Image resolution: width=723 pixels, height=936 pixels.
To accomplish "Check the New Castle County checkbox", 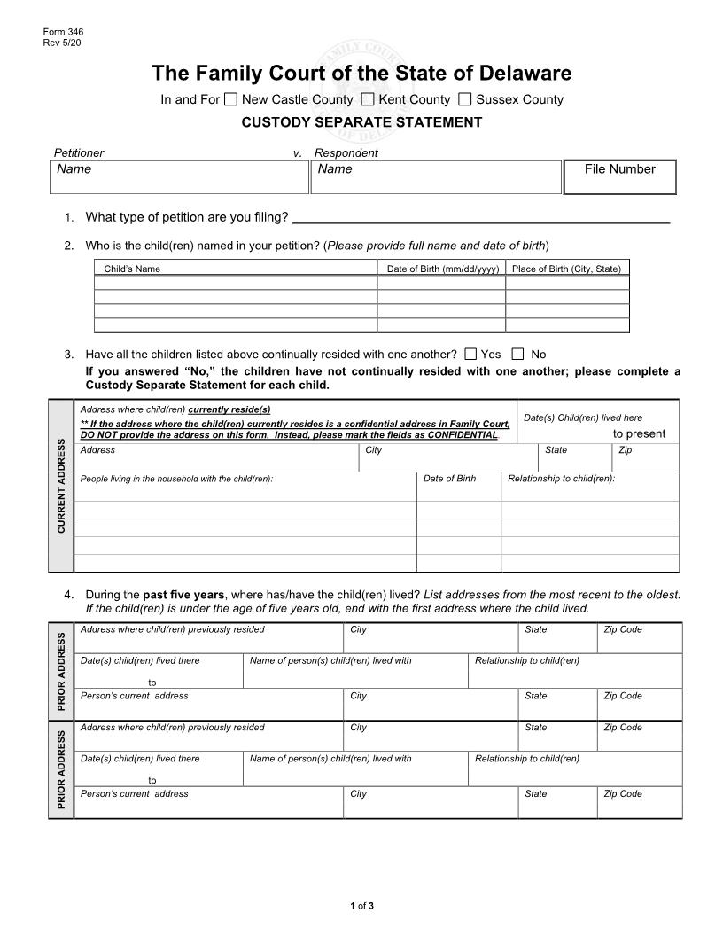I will [x=230, y=99].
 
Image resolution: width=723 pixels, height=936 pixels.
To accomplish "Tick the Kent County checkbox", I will [x=368, y=99].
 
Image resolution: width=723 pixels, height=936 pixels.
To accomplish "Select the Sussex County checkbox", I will [x=465, y=99].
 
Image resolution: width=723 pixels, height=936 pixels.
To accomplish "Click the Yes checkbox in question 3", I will [x=470, y=354].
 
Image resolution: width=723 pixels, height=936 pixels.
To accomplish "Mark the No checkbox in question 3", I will [x=518, y=354].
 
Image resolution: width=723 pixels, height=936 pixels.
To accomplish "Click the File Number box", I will [x=619, y=177].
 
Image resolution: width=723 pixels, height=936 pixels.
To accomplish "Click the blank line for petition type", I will [x=480, y=217].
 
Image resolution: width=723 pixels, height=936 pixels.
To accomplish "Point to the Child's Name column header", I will [x=132, y=269].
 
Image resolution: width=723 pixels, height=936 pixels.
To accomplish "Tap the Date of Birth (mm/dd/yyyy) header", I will [x=443, y=269].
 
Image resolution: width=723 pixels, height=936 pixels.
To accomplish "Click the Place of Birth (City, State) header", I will [x=567, y=269].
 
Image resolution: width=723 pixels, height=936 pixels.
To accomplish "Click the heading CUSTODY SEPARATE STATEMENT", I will [x=361, y=122].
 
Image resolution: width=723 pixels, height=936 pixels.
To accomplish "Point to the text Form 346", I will [x=58, y=32].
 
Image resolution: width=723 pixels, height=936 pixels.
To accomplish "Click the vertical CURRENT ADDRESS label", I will [x=61, y=486].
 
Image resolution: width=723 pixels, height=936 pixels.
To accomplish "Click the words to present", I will [x=639, y=433].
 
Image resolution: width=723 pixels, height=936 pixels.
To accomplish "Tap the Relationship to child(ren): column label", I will [x=561, y=479].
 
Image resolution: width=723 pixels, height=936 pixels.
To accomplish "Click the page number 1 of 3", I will [x=361, y=905].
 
